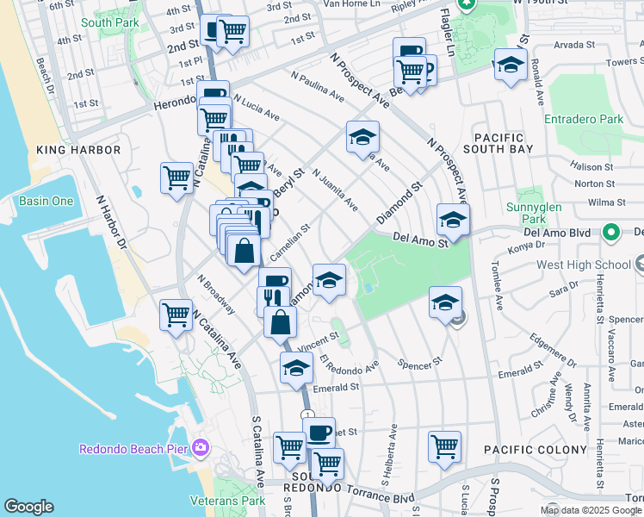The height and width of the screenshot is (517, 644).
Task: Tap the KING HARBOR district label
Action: [78, 150]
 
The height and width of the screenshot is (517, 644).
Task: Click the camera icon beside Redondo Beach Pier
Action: [201, 446]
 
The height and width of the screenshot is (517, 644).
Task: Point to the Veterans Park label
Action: [229, 501]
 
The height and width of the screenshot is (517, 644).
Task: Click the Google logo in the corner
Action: [28, 507]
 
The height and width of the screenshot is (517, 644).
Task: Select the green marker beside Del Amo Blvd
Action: [610, 232]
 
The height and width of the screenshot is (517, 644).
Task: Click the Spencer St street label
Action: [419, 362]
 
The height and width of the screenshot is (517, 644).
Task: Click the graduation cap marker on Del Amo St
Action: [453, 220]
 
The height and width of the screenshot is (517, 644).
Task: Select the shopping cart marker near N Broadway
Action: [176, 315]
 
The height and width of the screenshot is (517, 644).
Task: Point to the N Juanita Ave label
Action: [336, 190]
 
